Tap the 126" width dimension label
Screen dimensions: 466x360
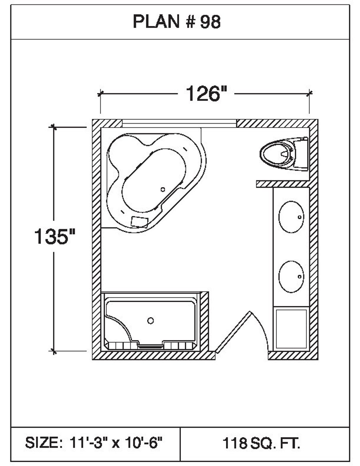pyautogui.click(x=206, y=94)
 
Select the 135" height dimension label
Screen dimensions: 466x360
pyautogui.click(x=55, y=237)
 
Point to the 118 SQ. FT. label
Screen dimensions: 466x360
pyautogui.click(x=262, y=443)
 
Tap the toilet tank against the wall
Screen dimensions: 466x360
pyautogui.click(x=301, y=153)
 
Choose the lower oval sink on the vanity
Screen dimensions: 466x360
pyautogui.click(x=291, y=276)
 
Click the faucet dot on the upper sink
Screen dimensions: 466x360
pyautogui.click(x=300, y=217)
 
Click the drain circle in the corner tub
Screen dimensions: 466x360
pyautogui.click(x=162, y=189)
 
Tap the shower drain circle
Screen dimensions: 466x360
pyautogui.click(x=150, y=320)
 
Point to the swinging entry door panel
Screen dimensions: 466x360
pyautogui.click(x=233, y=332)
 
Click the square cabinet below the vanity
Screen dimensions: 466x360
pyautogui.click(x=291, y=328)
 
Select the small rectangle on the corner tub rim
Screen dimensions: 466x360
pyautogui.click(x=139, y=220)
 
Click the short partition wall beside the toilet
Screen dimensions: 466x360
pyautogui.click(x=282, y=184)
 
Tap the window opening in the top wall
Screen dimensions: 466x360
pyautogui.click(x=179, y=123)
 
